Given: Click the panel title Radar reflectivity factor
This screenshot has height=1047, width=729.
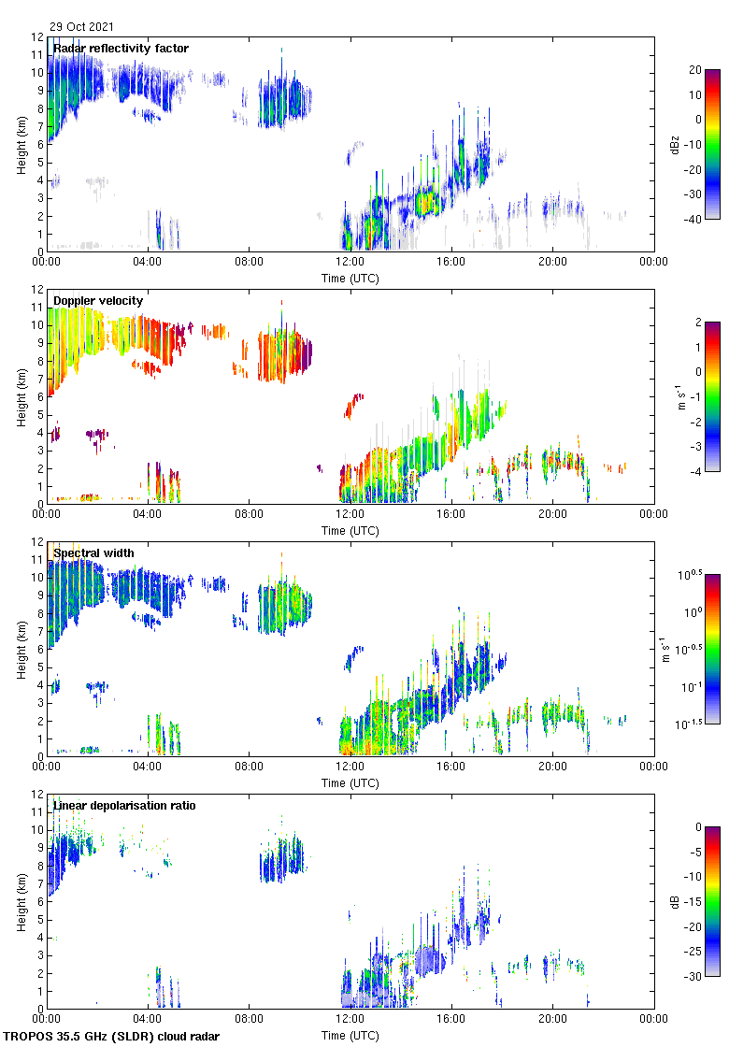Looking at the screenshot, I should click(121, 49).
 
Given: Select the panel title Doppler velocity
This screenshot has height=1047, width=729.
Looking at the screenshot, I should click(98, 300).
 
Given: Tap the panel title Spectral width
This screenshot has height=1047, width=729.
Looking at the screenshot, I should click(93, 552).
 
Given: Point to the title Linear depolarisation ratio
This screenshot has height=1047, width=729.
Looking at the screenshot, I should click(130, 805).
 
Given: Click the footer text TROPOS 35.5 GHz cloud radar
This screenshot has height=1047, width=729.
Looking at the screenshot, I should click(112, 1036).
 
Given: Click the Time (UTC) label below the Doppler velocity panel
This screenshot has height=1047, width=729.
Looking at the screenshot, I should click(350, 530).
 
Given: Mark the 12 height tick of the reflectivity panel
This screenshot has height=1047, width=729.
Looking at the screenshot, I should click(37, 37).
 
